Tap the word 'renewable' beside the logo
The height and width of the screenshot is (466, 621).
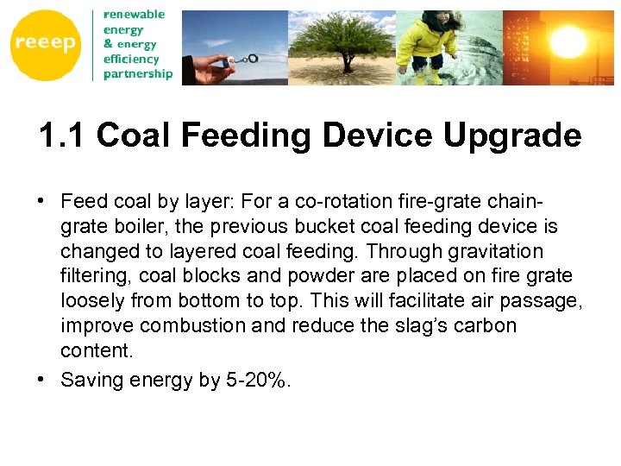[x=134, y=15]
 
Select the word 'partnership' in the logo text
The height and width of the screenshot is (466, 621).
[x=138, y=73]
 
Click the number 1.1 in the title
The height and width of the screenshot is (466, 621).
[x=62, y=135]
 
